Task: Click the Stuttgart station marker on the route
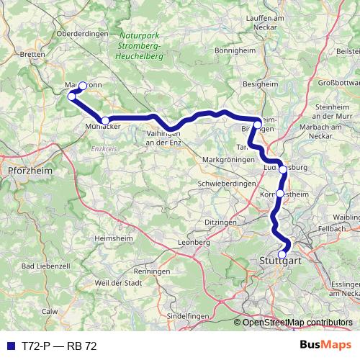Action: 282,253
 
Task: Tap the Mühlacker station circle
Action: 105,121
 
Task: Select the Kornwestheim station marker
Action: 280,194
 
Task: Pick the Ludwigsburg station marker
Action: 283,170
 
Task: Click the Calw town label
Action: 49,311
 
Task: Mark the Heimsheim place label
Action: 114,238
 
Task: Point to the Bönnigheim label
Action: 238,52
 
